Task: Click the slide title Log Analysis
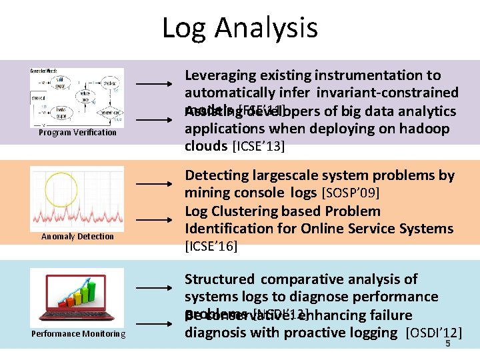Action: (240, 28)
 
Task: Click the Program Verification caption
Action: (77, 133)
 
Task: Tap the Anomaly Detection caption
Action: (77, 237)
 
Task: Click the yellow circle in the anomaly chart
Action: (61, 188)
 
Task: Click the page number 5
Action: (448, 344)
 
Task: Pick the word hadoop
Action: (423, 129)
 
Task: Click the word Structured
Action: (219, 279)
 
